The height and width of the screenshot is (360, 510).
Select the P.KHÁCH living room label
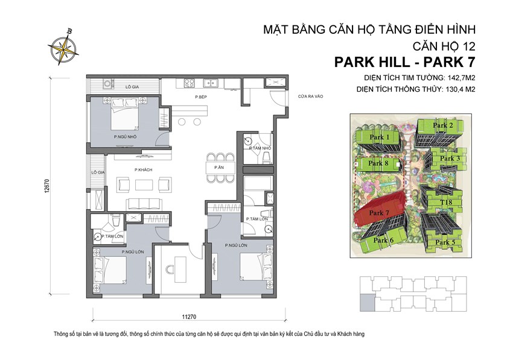(143, 169)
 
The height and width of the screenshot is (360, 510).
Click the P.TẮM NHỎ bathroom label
(260, 148)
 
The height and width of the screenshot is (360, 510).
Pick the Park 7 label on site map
(379, 213)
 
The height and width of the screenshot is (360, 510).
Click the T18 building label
(447, 202)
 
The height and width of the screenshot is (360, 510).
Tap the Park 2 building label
(443, 125)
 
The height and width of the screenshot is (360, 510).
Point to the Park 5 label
(445, 242)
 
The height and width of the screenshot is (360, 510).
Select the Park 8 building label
(378, 163)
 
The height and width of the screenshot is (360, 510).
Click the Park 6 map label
(383, 240)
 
